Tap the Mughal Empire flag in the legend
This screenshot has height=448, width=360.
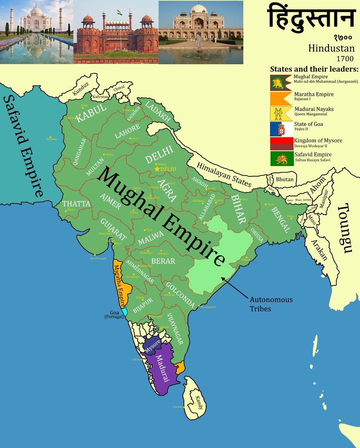(x=281, y=83)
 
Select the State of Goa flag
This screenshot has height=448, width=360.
(x=282, y=129)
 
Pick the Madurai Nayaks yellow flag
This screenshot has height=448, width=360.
(x=281, y=113)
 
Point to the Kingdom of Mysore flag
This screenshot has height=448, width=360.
(x=282, y=144)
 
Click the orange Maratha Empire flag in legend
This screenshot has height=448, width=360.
(x=281, y=98)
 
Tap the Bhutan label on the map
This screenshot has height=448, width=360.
(x=285, y=180)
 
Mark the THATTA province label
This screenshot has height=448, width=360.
(x=76, y=204)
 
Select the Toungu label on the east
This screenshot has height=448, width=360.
(x=347, y=228)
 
